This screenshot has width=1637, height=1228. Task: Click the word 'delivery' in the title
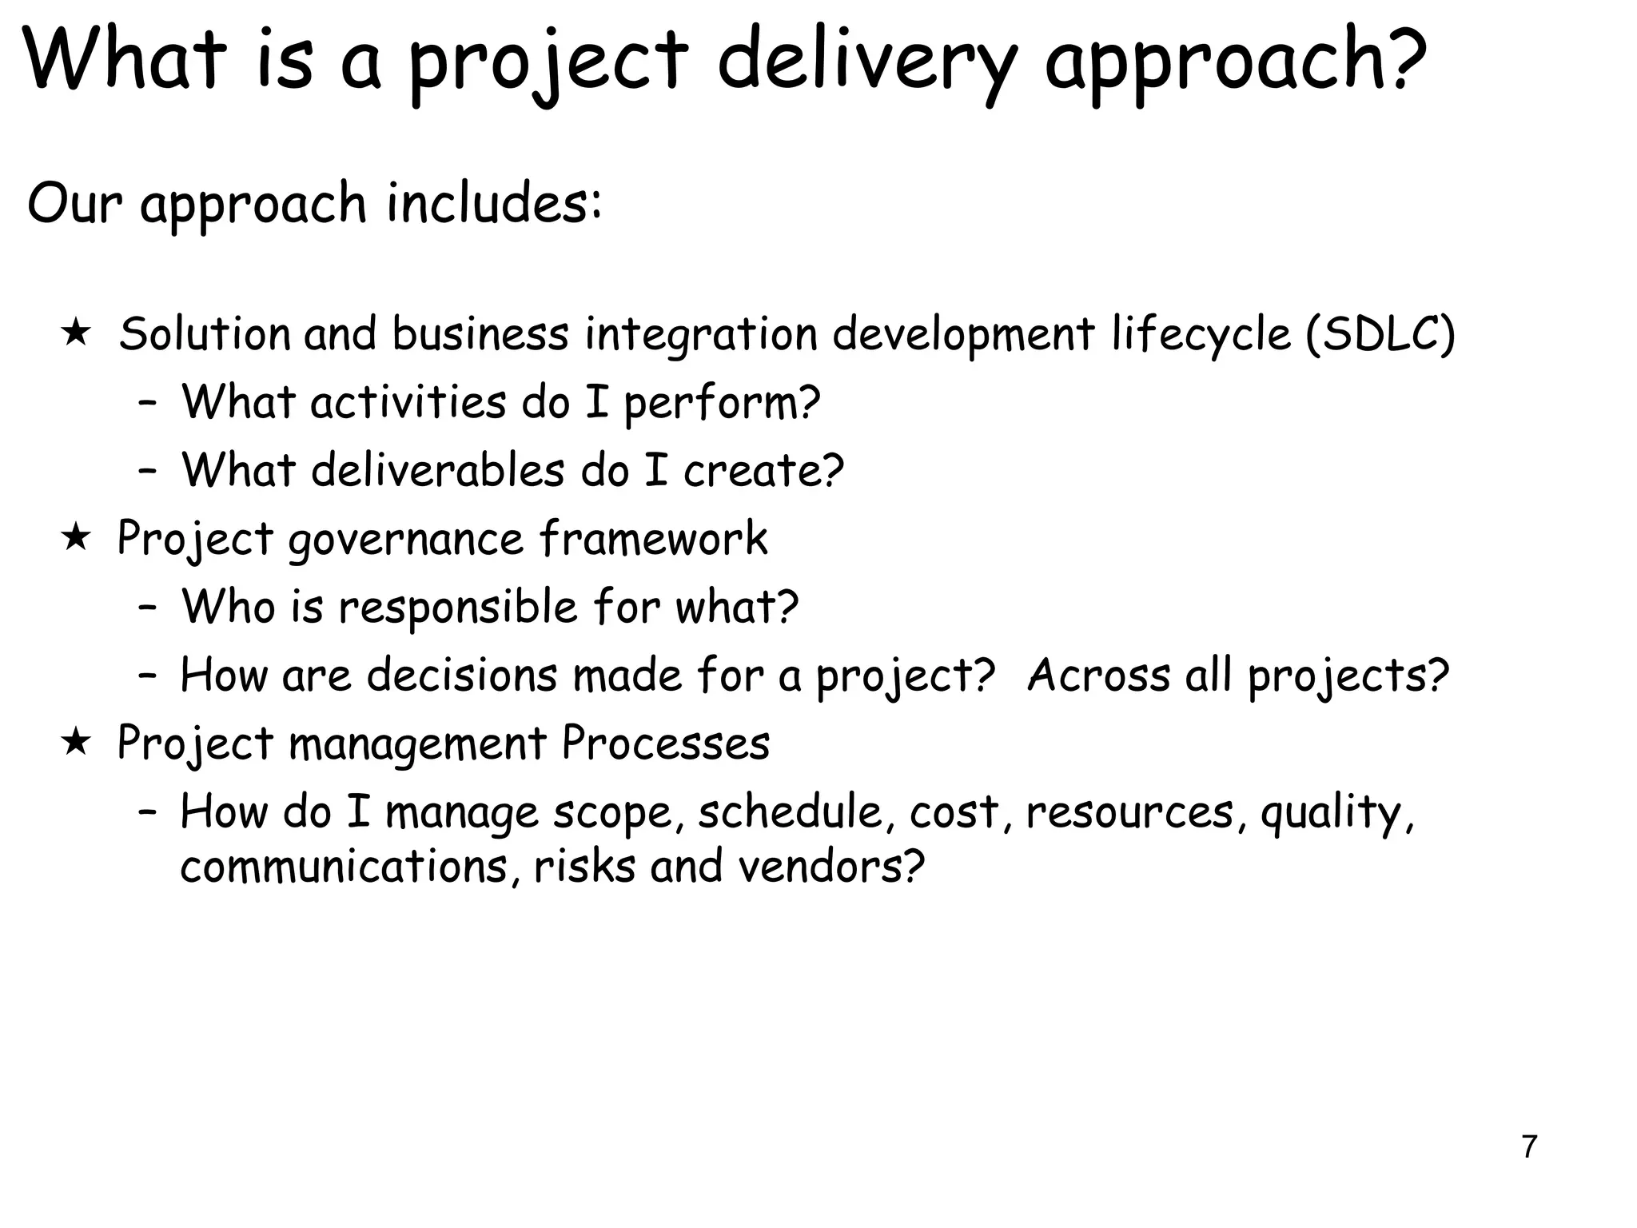point(867,60)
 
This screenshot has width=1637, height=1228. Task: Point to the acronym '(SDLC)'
point(1380,333)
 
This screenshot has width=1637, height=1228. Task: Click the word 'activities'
point(408,401)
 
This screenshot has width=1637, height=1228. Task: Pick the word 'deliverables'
point(437,469)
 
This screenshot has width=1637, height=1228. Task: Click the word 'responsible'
point(457,607)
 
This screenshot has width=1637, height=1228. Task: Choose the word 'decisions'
point(461,675)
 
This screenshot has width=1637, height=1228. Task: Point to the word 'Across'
point(1098,675)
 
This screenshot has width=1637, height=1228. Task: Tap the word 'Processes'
point(665,743)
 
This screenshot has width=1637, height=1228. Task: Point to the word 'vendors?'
point(830,866)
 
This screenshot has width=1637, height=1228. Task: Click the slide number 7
point(1528,1146)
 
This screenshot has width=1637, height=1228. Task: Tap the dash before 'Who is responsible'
point(146,608)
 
